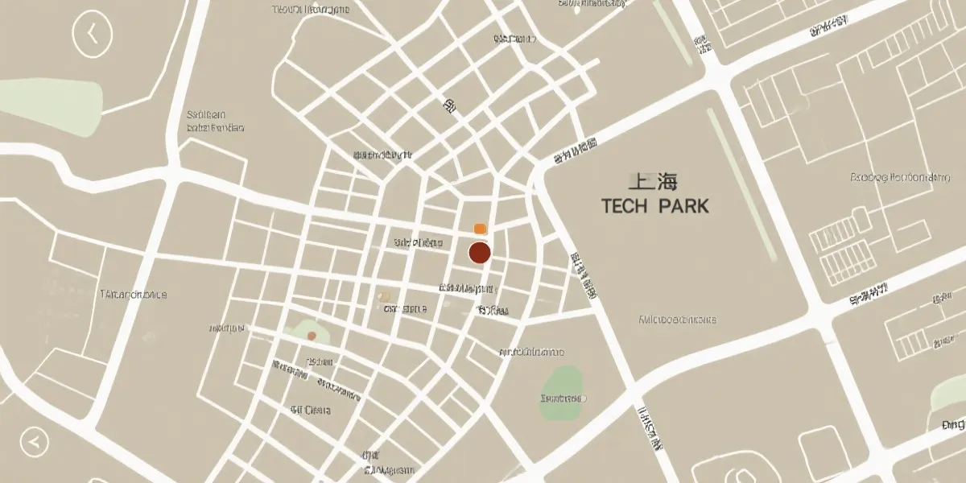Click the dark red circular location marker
pos(480,253)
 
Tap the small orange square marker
pos(480,229)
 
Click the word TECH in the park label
pos(625,206)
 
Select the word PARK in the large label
pos(683,206)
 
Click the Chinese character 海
pos(667,181)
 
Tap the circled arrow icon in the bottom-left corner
pos(34,441)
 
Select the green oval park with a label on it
pos(562,394)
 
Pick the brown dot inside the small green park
pos(312,336)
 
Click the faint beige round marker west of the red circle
pos(385,297)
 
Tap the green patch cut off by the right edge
pos(951,394)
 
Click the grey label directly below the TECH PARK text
pos(677,319)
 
